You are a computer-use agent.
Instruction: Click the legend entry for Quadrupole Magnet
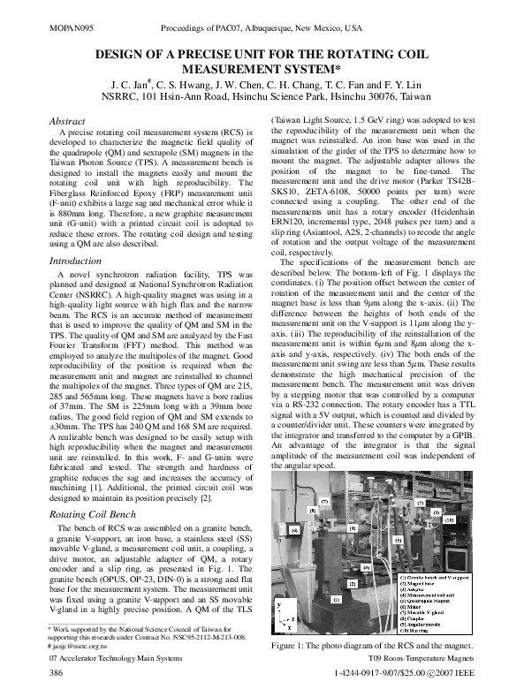tap(433, 601)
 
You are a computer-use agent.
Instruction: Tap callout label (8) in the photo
tap(311, 510)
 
